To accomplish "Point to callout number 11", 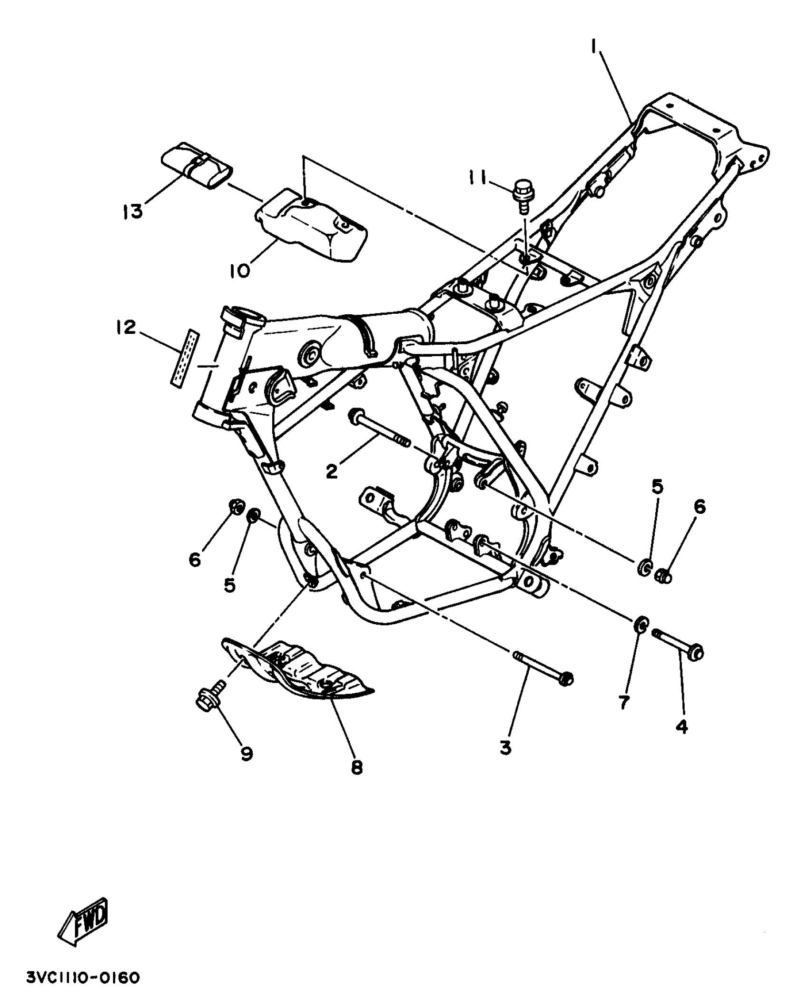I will point(476,179).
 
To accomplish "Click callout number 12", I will point(125,328).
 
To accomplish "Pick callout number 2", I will point(332,471).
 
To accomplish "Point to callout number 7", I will point(624,701).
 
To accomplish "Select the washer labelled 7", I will point(641,624).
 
